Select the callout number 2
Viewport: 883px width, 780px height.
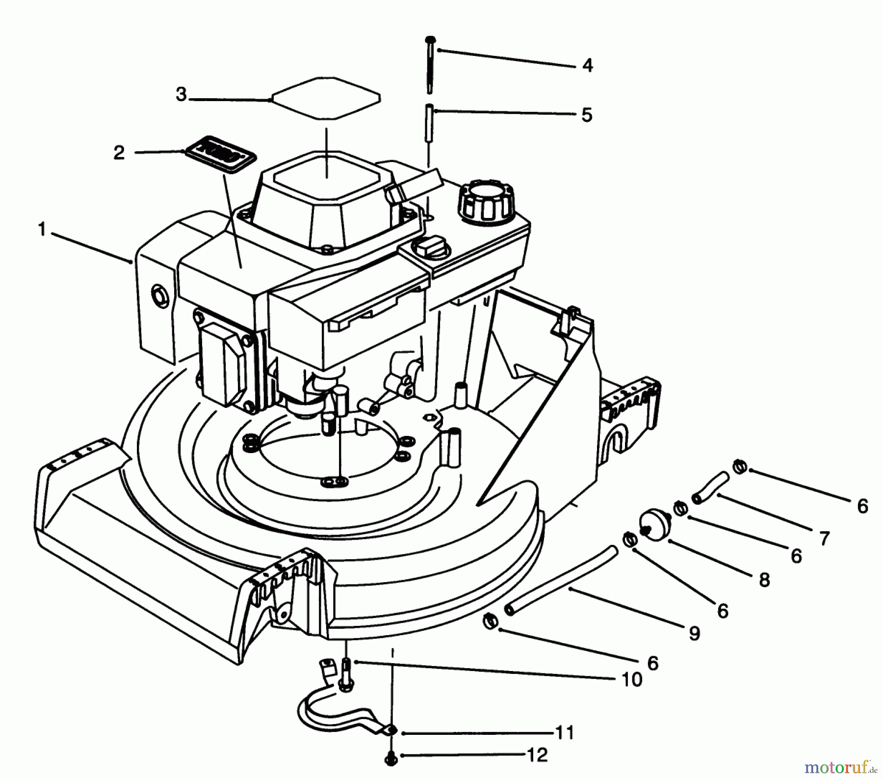[119, 153]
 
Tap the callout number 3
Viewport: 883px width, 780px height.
[182, 94]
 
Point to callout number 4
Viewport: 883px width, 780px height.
[587, 65]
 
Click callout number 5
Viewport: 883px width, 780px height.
[587, 115]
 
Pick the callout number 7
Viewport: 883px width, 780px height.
[824, 538]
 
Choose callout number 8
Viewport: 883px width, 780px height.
[764, 580]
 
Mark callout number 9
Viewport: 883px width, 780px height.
[694, 633]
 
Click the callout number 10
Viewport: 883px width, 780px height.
[632, 680]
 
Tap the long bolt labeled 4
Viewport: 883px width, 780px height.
[430, 64]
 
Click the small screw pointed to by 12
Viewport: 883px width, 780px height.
[390, 759]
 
